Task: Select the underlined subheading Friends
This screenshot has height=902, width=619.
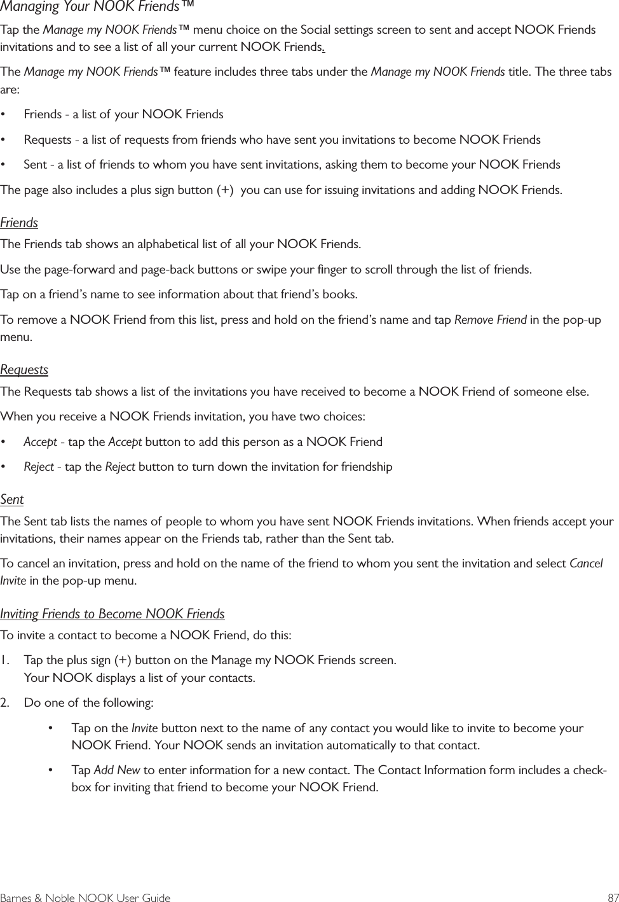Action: tap(19, 223)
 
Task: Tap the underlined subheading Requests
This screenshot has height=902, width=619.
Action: tap(24, 370)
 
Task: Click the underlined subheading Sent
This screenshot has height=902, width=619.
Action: tap(12, 500)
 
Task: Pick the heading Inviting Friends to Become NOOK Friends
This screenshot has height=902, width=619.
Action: tap(112, 614)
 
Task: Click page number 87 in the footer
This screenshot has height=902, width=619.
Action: tap(612, 898)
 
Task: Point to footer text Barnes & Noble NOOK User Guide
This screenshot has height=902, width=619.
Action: tap(85, 898)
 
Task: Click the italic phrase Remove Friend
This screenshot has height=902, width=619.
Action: tap(490, 319)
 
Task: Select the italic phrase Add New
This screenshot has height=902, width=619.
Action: tap(117, 770)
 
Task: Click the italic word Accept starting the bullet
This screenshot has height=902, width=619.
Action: tap(40, 442)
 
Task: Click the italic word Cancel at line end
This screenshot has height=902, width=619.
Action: tap(586, 564)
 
